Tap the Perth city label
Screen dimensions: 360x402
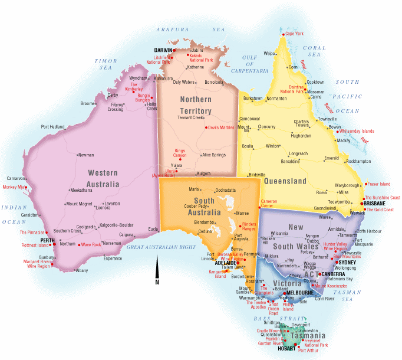[x=47, y=240]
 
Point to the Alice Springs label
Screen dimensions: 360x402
[x=213, y=155]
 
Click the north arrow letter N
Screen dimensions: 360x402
[x=157, y=282]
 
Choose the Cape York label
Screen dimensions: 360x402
[x=294, y=34]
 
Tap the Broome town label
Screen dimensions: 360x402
[x=87, y=104]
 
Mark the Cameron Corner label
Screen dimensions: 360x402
[x=269, y=204]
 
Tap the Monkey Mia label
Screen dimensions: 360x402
[x=14, y=187]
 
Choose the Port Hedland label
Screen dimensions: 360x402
[x=52, y=127]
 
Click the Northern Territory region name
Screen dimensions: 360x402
[x=196, y=105]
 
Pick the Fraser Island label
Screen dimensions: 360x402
[x=378, y=184]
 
